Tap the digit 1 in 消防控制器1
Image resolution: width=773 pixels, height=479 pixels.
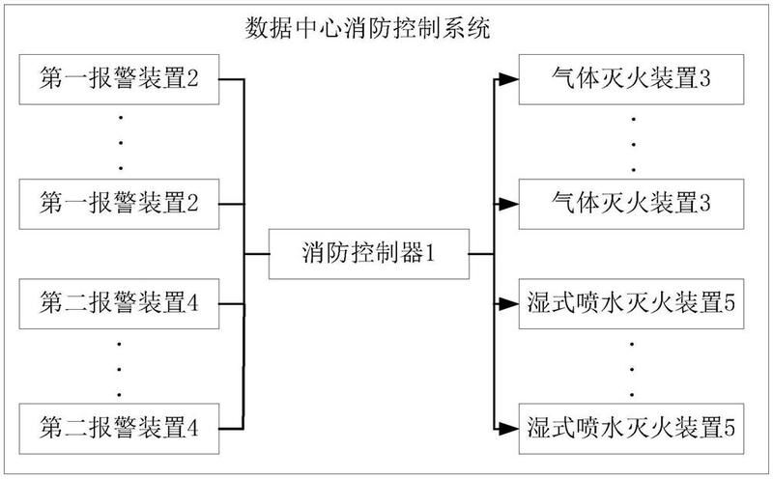[x=432, y=255]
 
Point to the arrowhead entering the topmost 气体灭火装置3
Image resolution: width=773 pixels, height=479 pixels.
[x=511, y=79]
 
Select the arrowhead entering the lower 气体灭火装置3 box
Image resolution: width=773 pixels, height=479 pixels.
[x=511, y=203]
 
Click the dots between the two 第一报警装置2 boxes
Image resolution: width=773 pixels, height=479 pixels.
[x=119, y=141]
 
